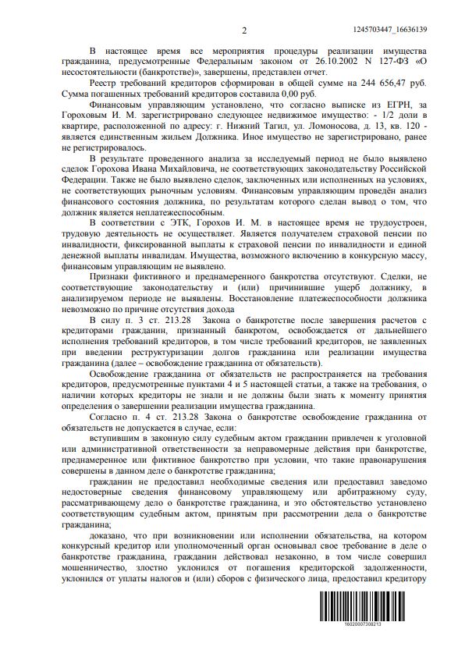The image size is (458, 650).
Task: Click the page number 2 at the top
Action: pyautogui.click(x=244, y=30)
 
